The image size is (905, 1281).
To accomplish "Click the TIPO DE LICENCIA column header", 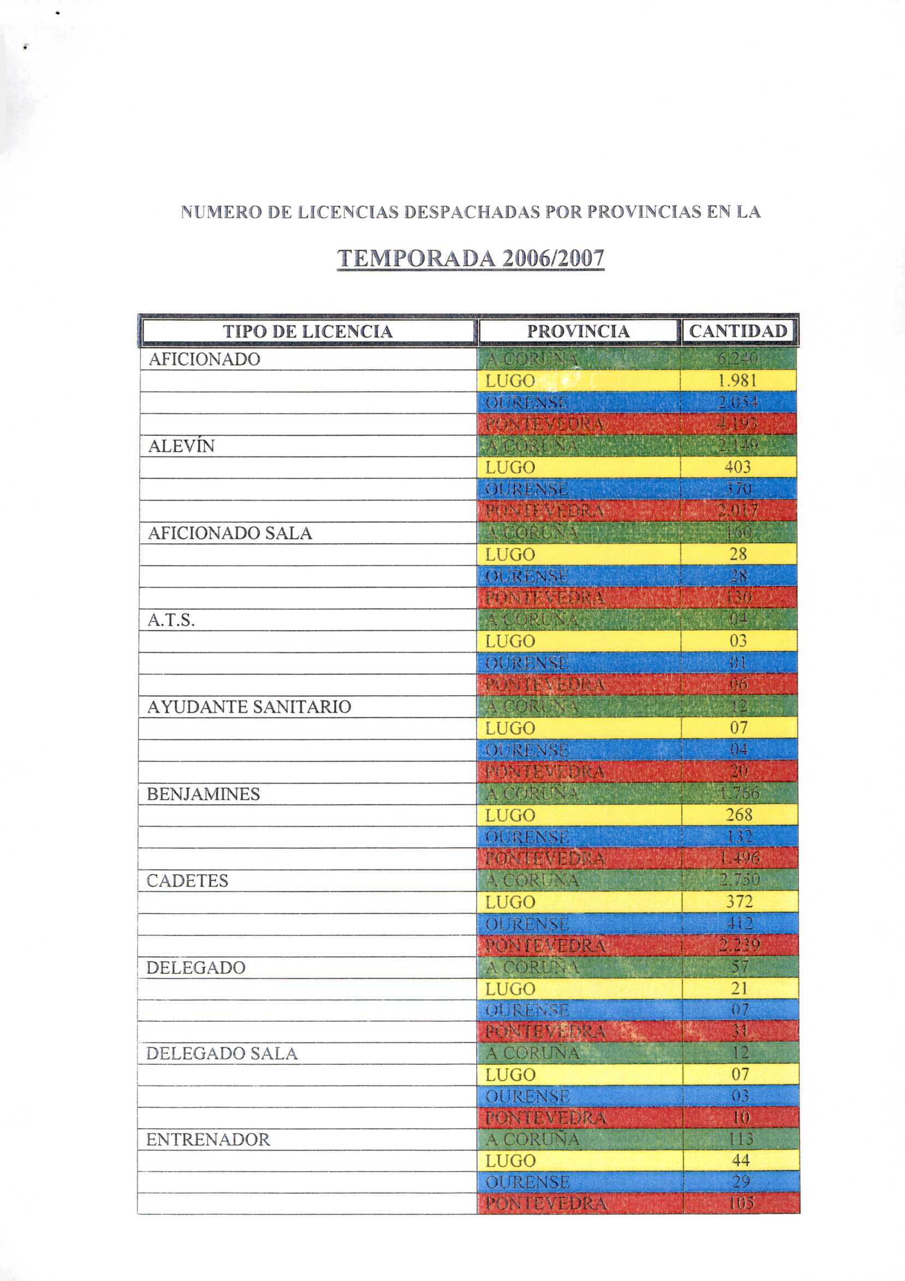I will click(x=308, y=331).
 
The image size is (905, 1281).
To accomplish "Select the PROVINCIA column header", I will click(x=578, y=331).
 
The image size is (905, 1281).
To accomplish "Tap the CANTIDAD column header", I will click(x=738, y=331).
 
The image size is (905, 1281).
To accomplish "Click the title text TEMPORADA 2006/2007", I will click(x=471, y=258).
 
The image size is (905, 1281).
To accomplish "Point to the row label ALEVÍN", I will click(x=181, y=446).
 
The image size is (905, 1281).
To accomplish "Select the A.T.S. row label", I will click(x=171, y=620).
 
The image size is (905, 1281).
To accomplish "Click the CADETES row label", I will click(x=187, y=881).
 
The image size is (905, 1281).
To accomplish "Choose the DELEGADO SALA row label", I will click(x=222, y=1053).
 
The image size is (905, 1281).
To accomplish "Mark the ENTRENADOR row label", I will click(x=208, y=1139).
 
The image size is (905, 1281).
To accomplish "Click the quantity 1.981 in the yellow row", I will click(x=737, y=381).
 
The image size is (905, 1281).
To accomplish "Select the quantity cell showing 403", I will click(x=739, y=467).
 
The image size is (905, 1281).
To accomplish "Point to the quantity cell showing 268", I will click(x=739, y=815).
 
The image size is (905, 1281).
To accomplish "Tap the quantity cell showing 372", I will click(x=740, y=902).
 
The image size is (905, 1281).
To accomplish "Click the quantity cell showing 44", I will click(x=741, y=1160).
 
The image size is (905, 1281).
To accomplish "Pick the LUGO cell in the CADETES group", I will click(x=510, y=902).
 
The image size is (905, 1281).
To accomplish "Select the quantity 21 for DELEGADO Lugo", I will click(x=740, y=989).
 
